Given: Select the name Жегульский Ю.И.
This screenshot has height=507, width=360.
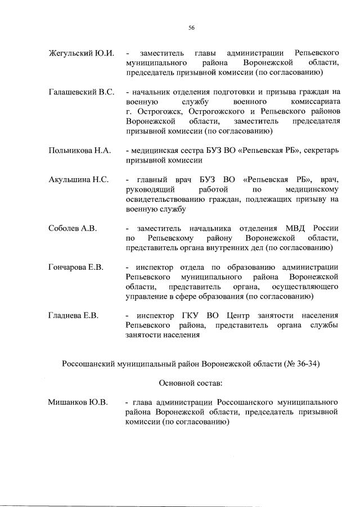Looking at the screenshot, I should coord(82,53).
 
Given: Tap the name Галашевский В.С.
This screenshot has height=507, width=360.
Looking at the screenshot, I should coord(82,92).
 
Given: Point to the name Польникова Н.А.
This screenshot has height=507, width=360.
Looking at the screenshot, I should coord(80,151).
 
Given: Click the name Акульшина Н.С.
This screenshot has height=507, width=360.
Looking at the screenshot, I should coord(78,179).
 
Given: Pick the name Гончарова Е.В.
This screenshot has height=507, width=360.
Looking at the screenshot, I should coord(76,267).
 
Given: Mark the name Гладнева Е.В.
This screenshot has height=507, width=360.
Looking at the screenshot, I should coord(74,316).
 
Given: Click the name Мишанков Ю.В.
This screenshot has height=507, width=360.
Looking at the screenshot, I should coord(78,402).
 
